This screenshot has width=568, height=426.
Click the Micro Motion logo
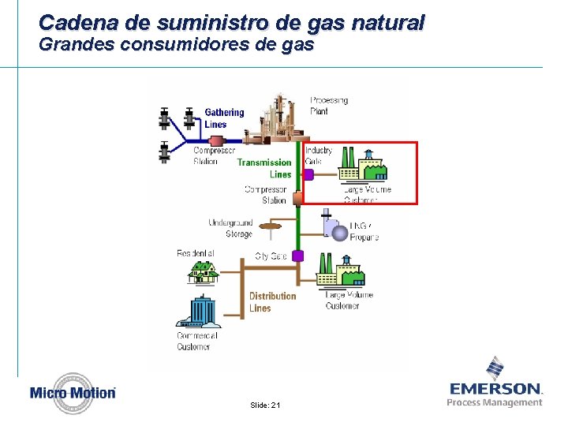[73, 393]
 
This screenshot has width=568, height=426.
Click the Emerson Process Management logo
[495, 383]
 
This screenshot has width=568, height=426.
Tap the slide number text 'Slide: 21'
[265, 405]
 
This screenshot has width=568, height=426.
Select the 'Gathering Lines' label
[224, 118]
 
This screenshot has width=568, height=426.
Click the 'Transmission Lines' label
[264, 168]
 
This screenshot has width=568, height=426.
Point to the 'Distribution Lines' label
[272, 302]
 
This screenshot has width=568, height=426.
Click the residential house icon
[203, 271]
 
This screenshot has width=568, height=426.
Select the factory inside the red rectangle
[360, 166]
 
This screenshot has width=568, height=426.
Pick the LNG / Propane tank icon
[335, 230]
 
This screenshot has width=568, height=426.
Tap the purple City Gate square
[298, 256]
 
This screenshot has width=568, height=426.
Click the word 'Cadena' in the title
[71, 21]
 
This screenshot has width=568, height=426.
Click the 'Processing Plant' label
[329, 106]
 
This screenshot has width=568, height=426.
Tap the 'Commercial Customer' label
[194, 341]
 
